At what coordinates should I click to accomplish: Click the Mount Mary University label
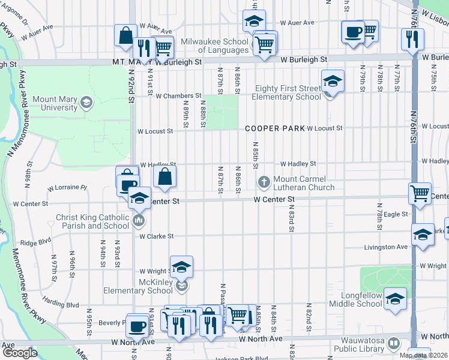click(x=55, y=103)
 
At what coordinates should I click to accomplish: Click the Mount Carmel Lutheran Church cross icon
click(x=263, y=182)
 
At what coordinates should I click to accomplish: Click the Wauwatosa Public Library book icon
click(x=394, y=344)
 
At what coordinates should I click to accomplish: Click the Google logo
click(x=19, y=353)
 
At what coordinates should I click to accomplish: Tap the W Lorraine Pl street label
click(x=71, y=187)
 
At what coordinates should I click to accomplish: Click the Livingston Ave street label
click(x=385, y=247)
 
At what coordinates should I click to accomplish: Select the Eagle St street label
click(x=396, y=214)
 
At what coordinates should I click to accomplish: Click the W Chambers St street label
click(x=178, y=95)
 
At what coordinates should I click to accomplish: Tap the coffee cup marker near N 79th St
click(x=353, y=31)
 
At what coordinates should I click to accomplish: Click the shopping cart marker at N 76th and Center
click(x=420, y=193)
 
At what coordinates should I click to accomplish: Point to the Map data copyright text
click(x=422, y=355)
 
